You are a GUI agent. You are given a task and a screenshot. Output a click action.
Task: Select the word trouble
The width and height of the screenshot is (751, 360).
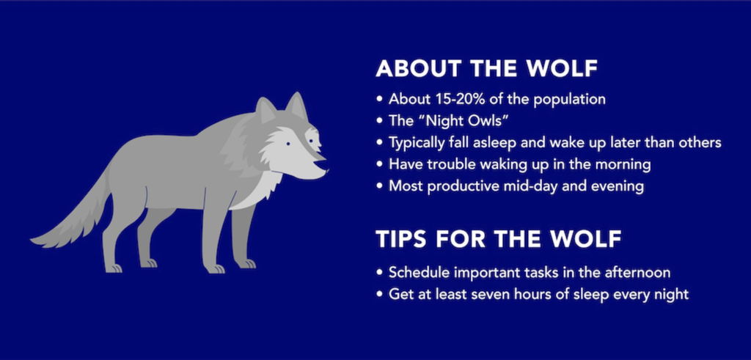pyautogui.click(x=447, y=164)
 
